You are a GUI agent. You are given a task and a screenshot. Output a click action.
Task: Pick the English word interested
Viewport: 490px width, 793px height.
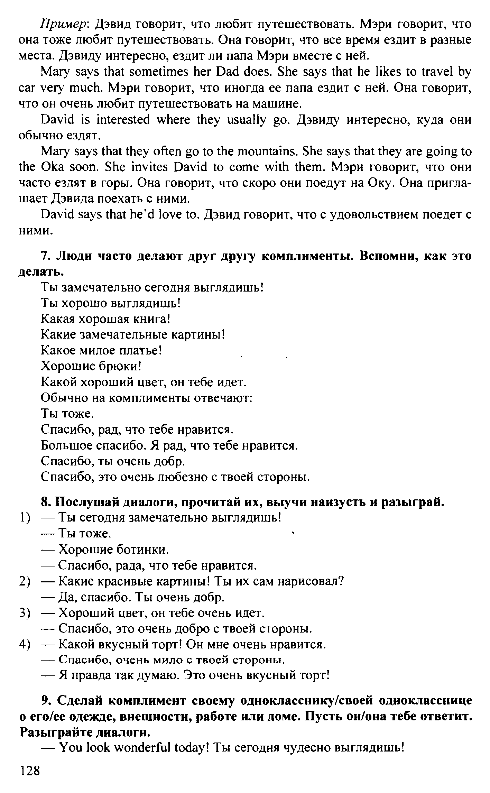click(x=124, y=120)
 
